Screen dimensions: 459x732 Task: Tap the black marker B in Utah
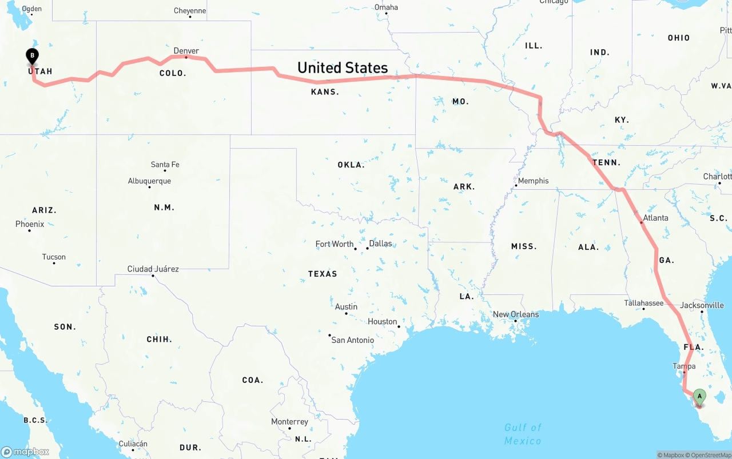[33, 56]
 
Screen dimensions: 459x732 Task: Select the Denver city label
[186, 51]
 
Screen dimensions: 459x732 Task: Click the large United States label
[343, 68]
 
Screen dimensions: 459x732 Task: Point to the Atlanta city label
[655, 218]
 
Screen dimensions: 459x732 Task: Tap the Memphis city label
[533, 181]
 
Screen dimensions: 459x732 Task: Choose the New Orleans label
[516, 314]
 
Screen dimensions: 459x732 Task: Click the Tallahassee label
[644, 303]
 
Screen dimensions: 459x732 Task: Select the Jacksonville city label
[702, 305]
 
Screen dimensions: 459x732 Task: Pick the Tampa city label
[684, 366]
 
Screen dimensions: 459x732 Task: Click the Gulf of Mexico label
[523, 434]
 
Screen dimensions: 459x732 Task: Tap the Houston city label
[382, 322]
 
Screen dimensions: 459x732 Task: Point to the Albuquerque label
[149, 181]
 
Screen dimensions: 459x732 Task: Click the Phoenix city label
[30, 224]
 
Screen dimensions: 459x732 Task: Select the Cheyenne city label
[190, 11]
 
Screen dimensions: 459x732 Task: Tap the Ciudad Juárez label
[153, 269]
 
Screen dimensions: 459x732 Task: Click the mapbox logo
[25, 452]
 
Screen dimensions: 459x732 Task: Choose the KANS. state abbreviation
[325, 91]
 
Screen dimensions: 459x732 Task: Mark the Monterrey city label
[289, 422]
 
